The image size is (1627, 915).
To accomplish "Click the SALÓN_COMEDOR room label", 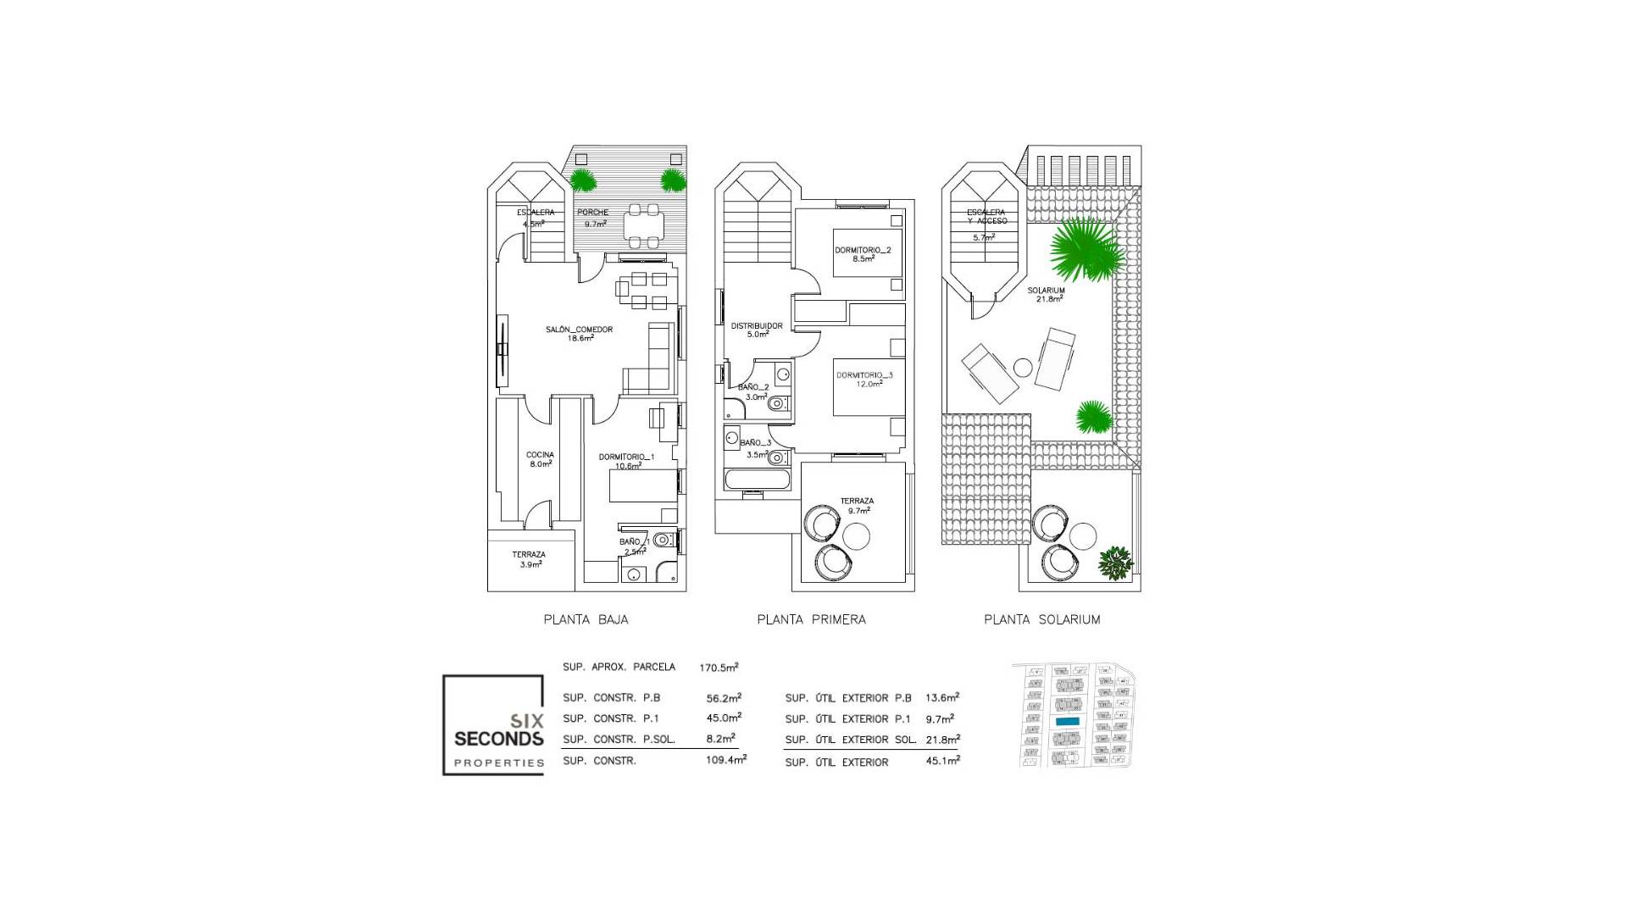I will coord(580,330).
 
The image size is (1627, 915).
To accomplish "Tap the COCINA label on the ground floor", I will coord(540,455).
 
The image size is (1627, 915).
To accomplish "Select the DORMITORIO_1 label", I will coord(626,457).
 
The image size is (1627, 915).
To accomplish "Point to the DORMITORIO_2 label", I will coord(863,251).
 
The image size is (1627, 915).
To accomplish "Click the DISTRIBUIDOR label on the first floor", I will coord(757,325).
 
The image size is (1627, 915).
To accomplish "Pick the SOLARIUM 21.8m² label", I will coord(1046,291).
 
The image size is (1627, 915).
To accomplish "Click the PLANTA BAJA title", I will coord(586,619).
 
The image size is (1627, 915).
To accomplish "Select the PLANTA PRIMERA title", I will coord(811,619).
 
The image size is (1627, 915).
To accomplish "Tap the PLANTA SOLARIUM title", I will coord(1041,619).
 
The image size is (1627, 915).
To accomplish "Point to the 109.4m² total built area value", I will coord(726,761).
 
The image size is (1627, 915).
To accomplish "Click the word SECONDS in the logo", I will coord(498,739).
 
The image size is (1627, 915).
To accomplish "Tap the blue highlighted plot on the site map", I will coord(1067,721).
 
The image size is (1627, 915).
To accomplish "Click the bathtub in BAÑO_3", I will coord(758,480).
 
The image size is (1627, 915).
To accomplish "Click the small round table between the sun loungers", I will coord(1024,368).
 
